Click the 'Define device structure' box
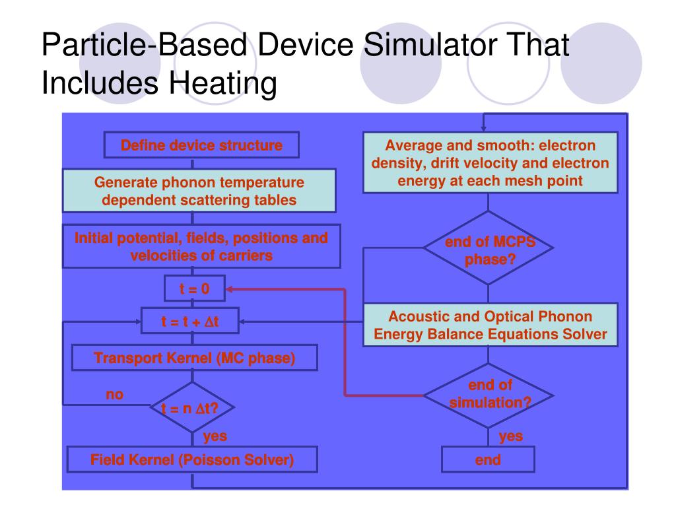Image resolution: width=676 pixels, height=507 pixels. pos(201,145)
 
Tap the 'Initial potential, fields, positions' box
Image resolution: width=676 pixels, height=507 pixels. pos(201,246)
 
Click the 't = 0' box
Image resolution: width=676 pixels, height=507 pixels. pos(195,288)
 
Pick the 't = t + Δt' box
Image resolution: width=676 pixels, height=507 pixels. pos(191,322)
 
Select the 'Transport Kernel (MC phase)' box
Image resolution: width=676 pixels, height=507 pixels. pos(195,358)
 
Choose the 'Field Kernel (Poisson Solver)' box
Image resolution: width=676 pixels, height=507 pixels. pos(192,459)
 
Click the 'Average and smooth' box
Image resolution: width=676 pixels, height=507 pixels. pos(490,162)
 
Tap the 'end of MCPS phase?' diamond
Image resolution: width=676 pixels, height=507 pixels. pos(489,249)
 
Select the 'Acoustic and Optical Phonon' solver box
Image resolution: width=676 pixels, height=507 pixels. pos(490,325)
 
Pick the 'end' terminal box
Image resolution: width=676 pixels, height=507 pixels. pos(488,460)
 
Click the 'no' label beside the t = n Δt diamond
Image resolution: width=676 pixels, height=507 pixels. pos(116,395)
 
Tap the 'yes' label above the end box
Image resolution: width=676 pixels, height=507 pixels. pos(510,436)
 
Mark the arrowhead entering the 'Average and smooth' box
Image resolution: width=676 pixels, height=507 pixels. pos(484,128)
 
